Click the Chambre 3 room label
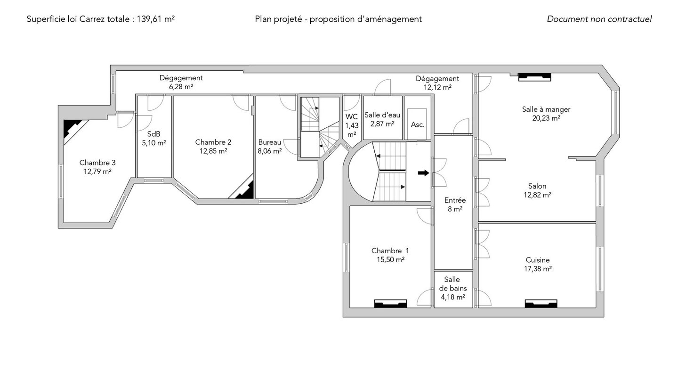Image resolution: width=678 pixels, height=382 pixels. pos(97,163)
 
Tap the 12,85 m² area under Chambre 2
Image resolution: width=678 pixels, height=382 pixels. pos(213,151)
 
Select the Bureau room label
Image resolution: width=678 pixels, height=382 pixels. pos(270,142)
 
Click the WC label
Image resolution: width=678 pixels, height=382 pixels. pos(352,117)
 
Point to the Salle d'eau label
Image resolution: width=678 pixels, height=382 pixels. pos(382,115)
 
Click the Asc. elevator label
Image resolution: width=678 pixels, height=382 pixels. pos(418,125)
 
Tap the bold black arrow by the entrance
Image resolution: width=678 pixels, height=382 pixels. pos(423,173)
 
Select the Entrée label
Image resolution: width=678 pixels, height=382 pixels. pos(455,200)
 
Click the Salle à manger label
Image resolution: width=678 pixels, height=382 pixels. pos(546,109)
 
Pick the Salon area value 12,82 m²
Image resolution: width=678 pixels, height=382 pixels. pos(538,195)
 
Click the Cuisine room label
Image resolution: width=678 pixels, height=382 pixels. pos(538,260)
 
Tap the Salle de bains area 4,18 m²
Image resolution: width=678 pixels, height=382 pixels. pos(453,297)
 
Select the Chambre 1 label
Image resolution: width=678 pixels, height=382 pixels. pos(390,251)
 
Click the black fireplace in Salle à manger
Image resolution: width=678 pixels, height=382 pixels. pos(534,77)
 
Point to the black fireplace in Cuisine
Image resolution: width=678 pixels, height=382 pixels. pos(541,304)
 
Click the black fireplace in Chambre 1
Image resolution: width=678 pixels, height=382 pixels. pos(390,304)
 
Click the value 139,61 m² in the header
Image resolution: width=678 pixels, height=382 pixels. pos(155,19)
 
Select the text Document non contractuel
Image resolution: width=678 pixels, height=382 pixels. pos(599,19)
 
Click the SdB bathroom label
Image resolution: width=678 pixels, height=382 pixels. pos(154,134)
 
